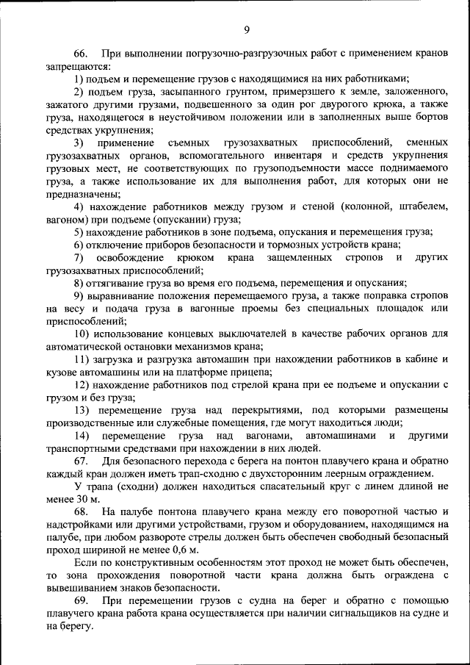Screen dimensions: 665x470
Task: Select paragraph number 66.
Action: (x=81, y=54)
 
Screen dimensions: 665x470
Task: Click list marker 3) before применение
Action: (x=79, y=142)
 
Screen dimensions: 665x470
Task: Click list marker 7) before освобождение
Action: (x=79, y=257)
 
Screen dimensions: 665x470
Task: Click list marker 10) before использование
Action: (x=82, y=333)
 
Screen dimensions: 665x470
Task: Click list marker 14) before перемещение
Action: (x=82, y=435)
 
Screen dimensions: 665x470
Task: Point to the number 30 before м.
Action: (x=80, y=498)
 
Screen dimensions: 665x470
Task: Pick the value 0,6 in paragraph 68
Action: (x=176, y=550)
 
